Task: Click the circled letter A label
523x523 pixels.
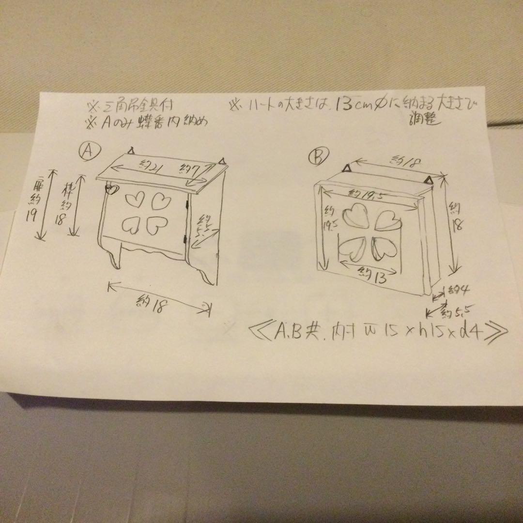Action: click(x=89, y=152)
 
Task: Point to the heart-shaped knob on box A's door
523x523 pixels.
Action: click(x=112, y=189)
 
